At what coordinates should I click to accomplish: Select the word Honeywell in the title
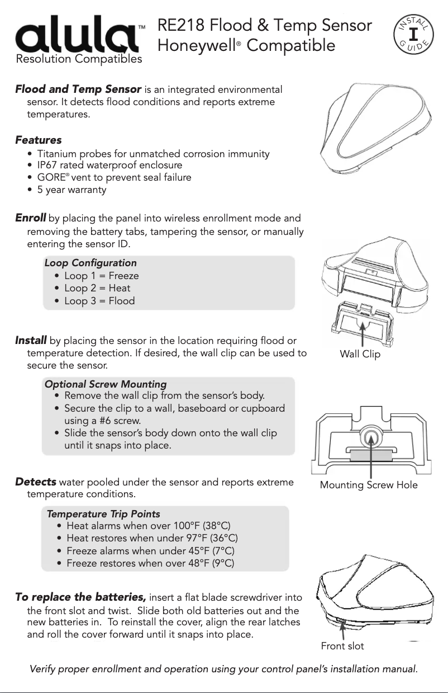click(x=194, y=45)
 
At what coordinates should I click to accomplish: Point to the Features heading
click(x=38, y=140)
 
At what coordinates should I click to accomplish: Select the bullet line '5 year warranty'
click(x=72, y=190)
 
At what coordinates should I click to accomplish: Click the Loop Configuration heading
click(x=90, y=263)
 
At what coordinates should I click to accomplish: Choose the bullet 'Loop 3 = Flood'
click(x=99, y=301)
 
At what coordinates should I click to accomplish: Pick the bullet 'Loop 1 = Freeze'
click(x=101, y=276)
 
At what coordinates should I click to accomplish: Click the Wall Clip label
click(x=360, y=355)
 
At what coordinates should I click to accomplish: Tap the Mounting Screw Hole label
click(x=369, y=485)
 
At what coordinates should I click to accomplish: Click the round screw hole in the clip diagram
click(x=369, y=437)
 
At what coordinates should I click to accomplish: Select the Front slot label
click(x=342, y=647)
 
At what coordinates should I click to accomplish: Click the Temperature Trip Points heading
click(x=103, y=514)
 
